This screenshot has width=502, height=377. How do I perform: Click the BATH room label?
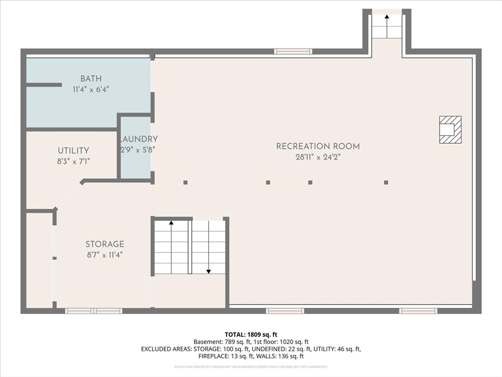(x=91, y=79)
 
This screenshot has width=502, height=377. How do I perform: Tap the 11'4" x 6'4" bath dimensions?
(x=91, y=89)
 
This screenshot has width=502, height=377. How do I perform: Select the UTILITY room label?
(x=74, y=151)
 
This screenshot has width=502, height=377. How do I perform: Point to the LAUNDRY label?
(x=139, y=139)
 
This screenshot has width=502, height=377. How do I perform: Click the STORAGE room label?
(x=105, y=244)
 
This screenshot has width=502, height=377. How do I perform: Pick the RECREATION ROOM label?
(x=318, y=146)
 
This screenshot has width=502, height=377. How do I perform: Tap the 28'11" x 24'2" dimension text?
(x=318, y=158)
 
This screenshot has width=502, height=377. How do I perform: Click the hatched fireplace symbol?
(x=450, y=130)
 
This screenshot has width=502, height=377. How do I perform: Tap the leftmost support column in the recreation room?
(x=185, y=183)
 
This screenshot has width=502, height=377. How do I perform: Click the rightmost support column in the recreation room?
(x=386, y=183)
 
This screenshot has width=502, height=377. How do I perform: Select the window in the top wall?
(x=293, y=52)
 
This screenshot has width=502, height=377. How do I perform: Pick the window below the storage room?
(x=94, y=311)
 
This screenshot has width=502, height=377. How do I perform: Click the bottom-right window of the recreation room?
(x=418, y=311)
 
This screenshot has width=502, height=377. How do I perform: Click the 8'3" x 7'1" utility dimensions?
(x=74, y=161)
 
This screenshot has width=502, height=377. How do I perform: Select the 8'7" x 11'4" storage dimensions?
(x=105, y=255)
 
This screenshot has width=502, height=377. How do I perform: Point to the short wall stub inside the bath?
(x=44, y=85)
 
